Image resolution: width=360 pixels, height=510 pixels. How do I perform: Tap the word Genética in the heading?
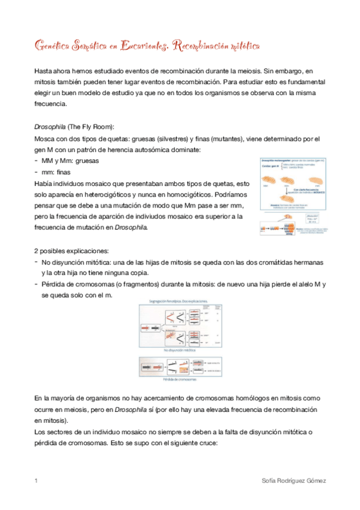[x=52, y=46]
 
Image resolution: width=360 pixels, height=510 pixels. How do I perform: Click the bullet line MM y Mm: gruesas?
[x=70, y=161]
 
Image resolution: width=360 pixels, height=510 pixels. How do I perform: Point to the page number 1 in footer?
[x=37, y=481]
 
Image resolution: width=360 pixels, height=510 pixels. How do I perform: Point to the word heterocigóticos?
[x=118, y=194]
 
